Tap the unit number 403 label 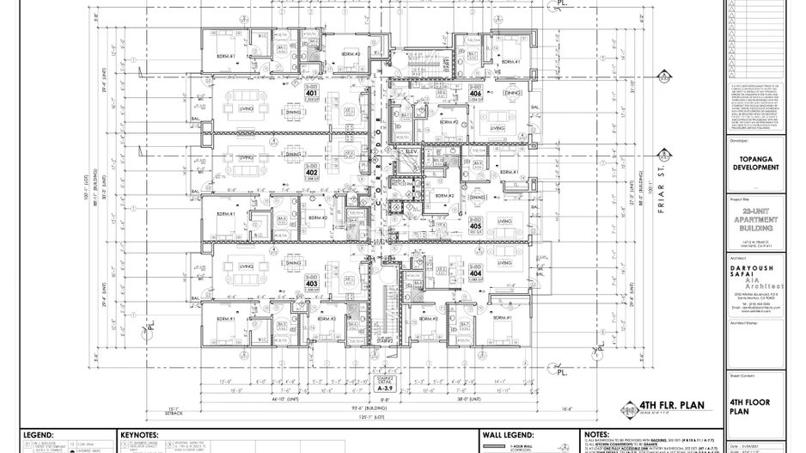point(311,285)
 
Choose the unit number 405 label point(477,225)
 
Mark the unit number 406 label point(475,94)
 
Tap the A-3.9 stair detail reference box point(385,389)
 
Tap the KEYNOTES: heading point(141,436)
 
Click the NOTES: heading point(596,436)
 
